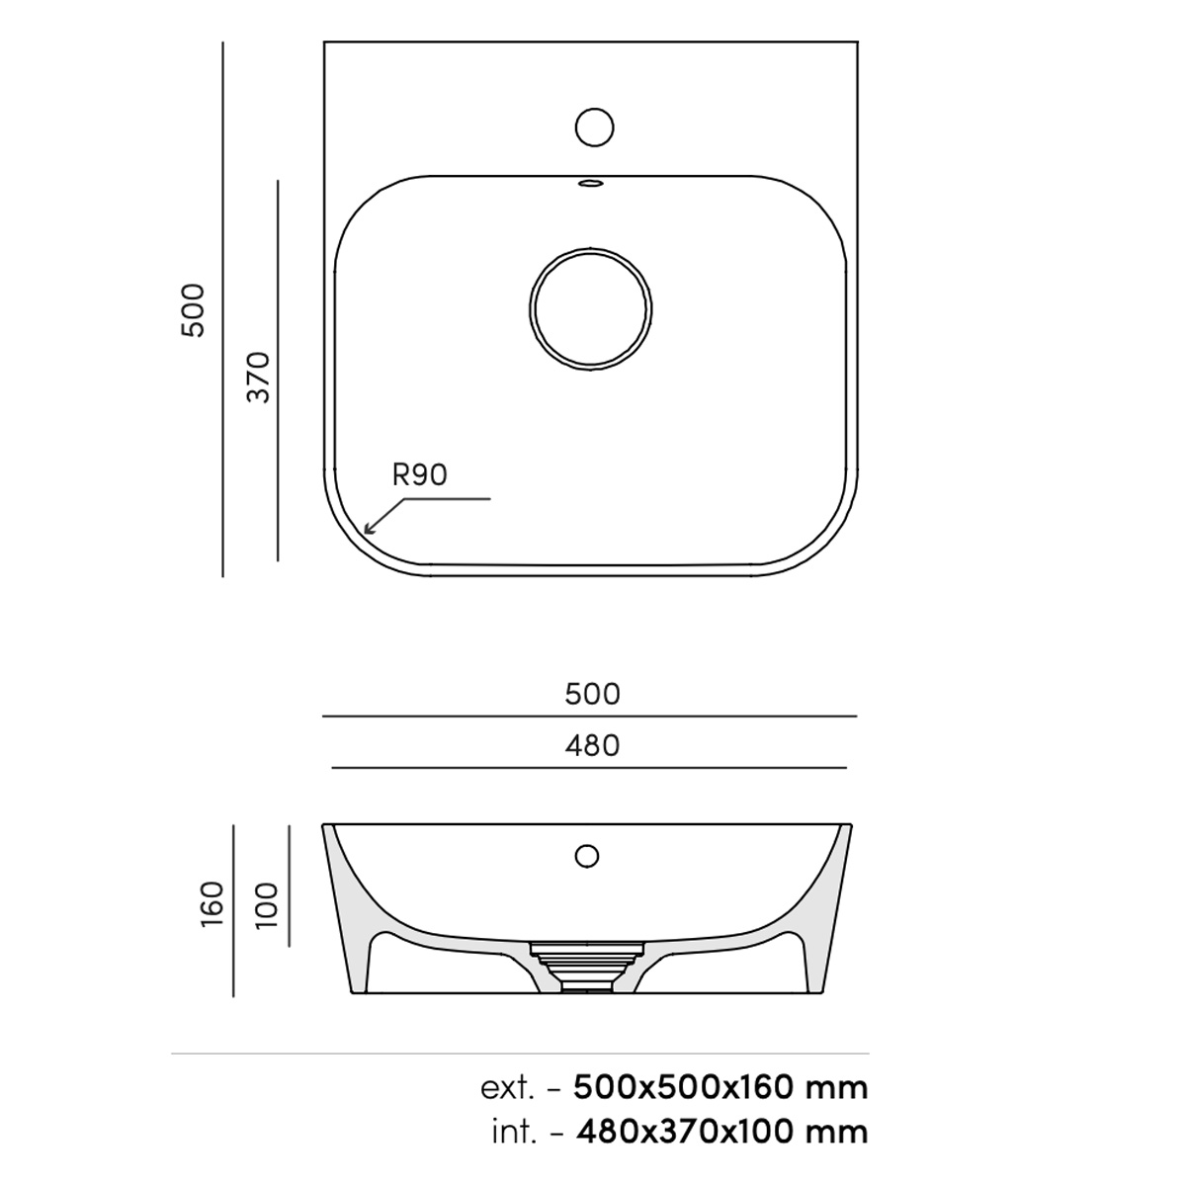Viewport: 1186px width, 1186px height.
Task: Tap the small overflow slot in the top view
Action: coord(591,182)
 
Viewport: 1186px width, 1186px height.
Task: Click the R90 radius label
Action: coord(420,475)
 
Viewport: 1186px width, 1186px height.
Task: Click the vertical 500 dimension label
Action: coord(193,309)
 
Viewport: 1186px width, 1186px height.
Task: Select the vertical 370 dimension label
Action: coord(259,378)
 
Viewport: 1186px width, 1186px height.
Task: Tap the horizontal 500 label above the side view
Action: coord(592,694)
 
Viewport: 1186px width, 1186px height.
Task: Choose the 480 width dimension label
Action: coord(592,746)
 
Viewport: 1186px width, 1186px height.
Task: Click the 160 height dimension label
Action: coord(212,904)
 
